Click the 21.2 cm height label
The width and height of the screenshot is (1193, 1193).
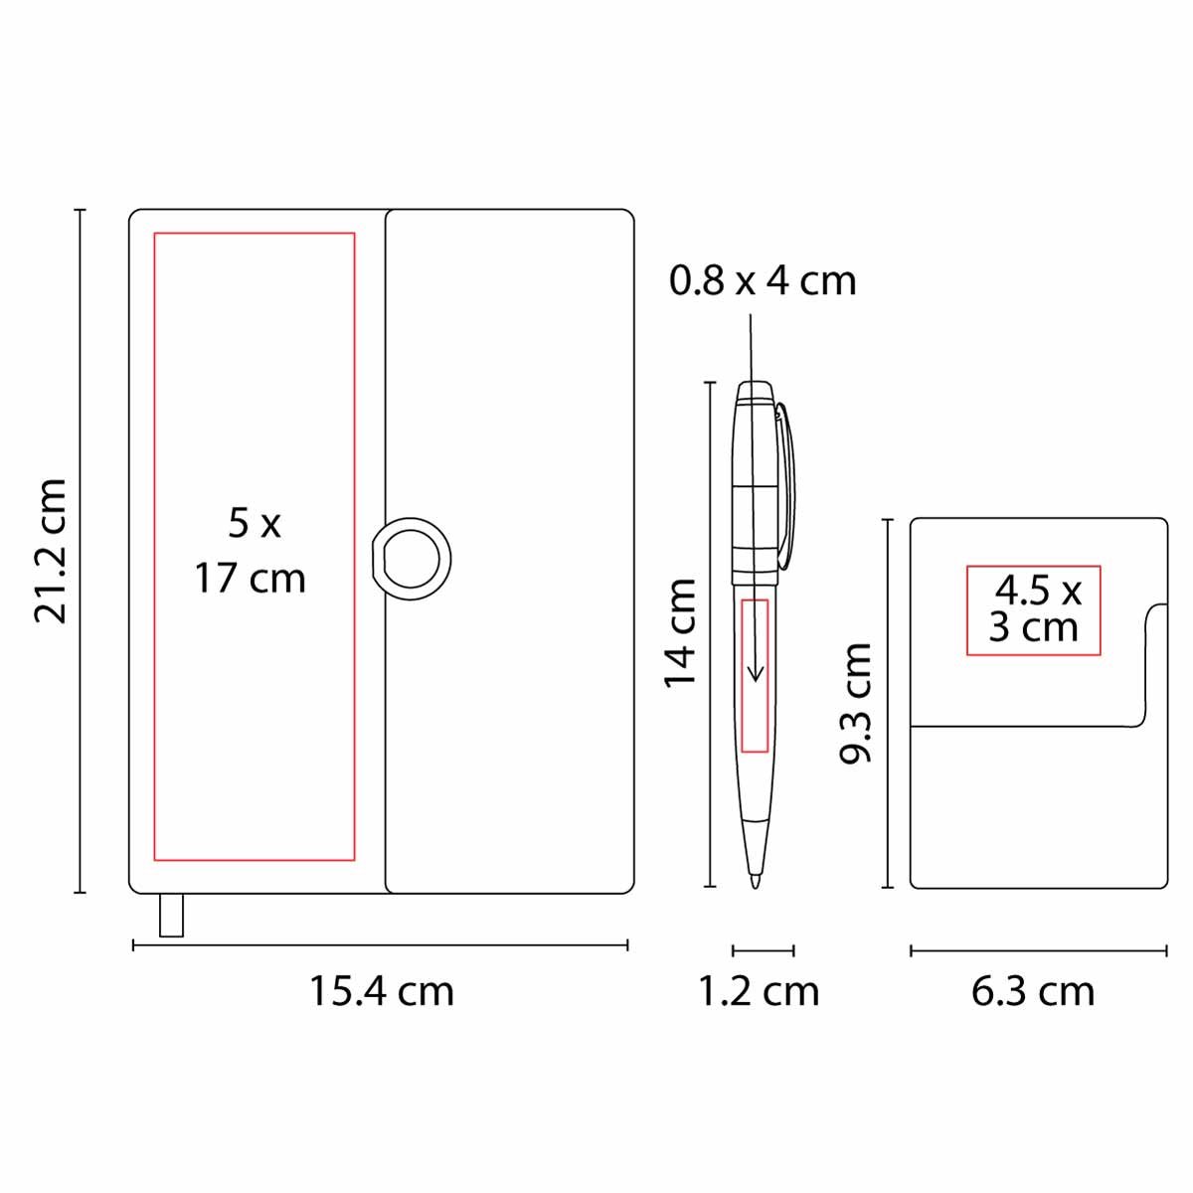50,550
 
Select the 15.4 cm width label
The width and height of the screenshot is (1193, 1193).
382,991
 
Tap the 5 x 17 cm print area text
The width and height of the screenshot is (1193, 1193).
251,551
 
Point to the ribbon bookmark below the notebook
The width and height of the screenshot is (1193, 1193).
171,915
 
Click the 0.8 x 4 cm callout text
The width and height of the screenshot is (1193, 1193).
763,281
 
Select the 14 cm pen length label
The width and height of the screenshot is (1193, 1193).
681,632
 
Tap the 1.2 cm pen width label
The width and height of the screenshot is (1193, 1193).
759,991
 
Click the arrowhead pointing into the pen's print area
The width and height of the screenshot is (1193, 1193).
756,674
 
